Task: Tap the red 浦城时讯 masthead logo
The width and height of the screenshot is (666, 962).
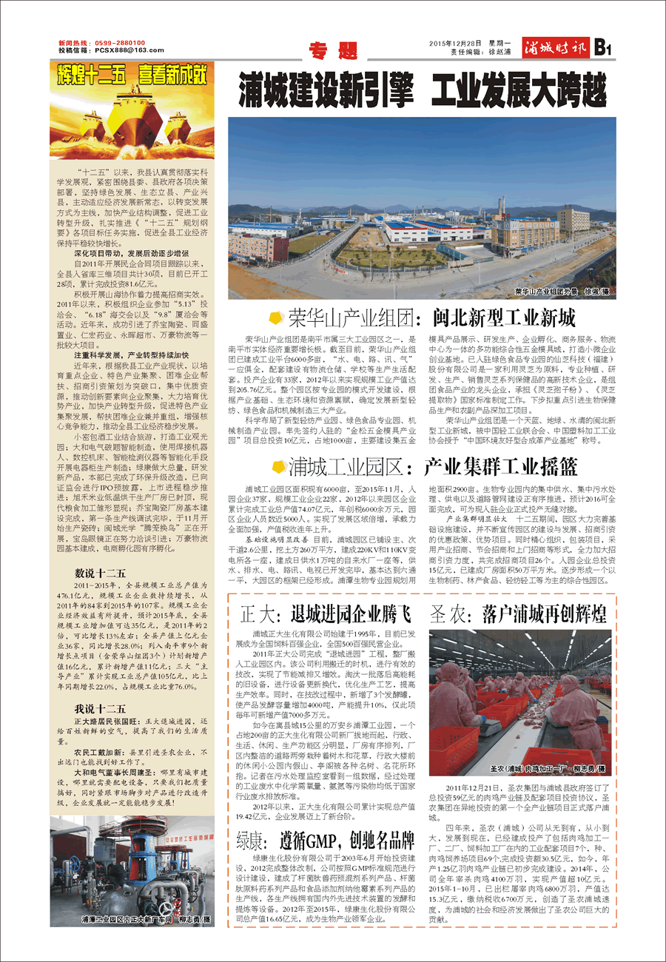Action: (555, 50)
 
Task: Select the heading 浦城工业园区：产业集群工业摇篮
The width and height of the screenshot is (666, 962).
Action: (434, 467)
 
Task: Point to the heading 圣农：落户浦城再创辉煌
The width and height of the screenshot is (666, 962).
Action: (518, 613)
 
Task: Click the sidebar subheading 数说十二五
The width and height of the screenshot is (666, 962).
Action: (101, 573)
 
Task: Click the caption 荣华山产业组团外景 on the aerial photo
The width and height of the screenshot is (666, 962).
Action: (546, 292)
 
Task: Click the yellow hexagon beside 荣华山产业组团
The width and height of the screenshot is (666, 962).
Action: (275, 319)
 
